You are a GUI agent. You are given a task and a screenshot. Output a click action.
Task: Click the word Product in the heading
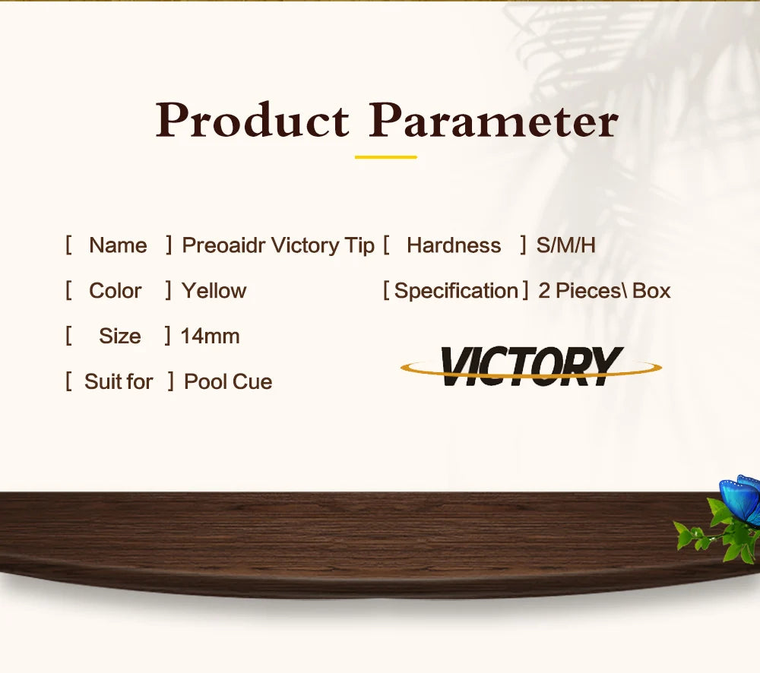point(252,120)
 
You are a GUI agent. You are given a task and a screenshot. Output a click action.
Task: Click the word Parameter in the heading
point(493,120)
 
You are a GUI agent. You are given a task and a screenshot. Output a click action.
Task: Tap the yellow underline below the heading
point(386,157)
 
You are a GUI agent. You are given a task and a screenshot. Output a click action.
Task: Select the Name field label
point(118,245)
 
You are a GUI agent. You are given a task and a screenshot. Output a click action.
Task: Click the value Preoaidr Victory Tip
point(277,245)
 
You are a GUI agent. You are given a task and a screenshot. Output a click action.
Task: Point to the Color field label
point(115,291)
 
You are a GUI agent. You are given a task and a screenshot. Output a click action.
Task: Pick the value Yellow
point(214,291)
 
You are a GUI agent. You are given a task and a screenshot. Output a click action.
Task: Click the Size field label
point(120,336)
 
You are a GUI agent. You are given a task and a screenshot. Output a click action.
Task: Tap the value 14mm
point(210,336)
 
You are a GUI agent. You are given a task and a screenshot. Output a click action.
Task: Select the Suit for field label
point(119,381)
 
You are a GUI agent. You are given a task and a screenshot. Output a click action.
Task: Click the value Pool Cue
point(228,381)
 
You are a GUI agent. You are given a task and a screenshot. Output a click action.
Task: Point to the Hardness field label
point(454,245)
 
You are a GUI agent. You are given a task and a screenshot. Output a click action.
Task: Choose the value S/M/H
point(565,245)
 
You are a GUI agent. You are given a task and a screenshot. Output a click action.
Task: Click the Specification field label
point(456,291)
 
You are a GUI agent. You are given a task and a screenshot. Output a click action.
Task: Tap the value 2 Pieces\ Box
point(604,291)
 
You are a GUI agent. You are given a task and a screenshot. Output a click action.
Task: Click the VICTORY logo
point(531,366)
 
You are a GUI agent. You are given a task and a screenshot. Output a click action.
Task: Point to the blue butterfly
point(740,500)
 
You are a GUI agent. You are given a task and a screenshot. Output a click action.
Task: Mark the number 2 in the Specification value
point(544,291)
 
